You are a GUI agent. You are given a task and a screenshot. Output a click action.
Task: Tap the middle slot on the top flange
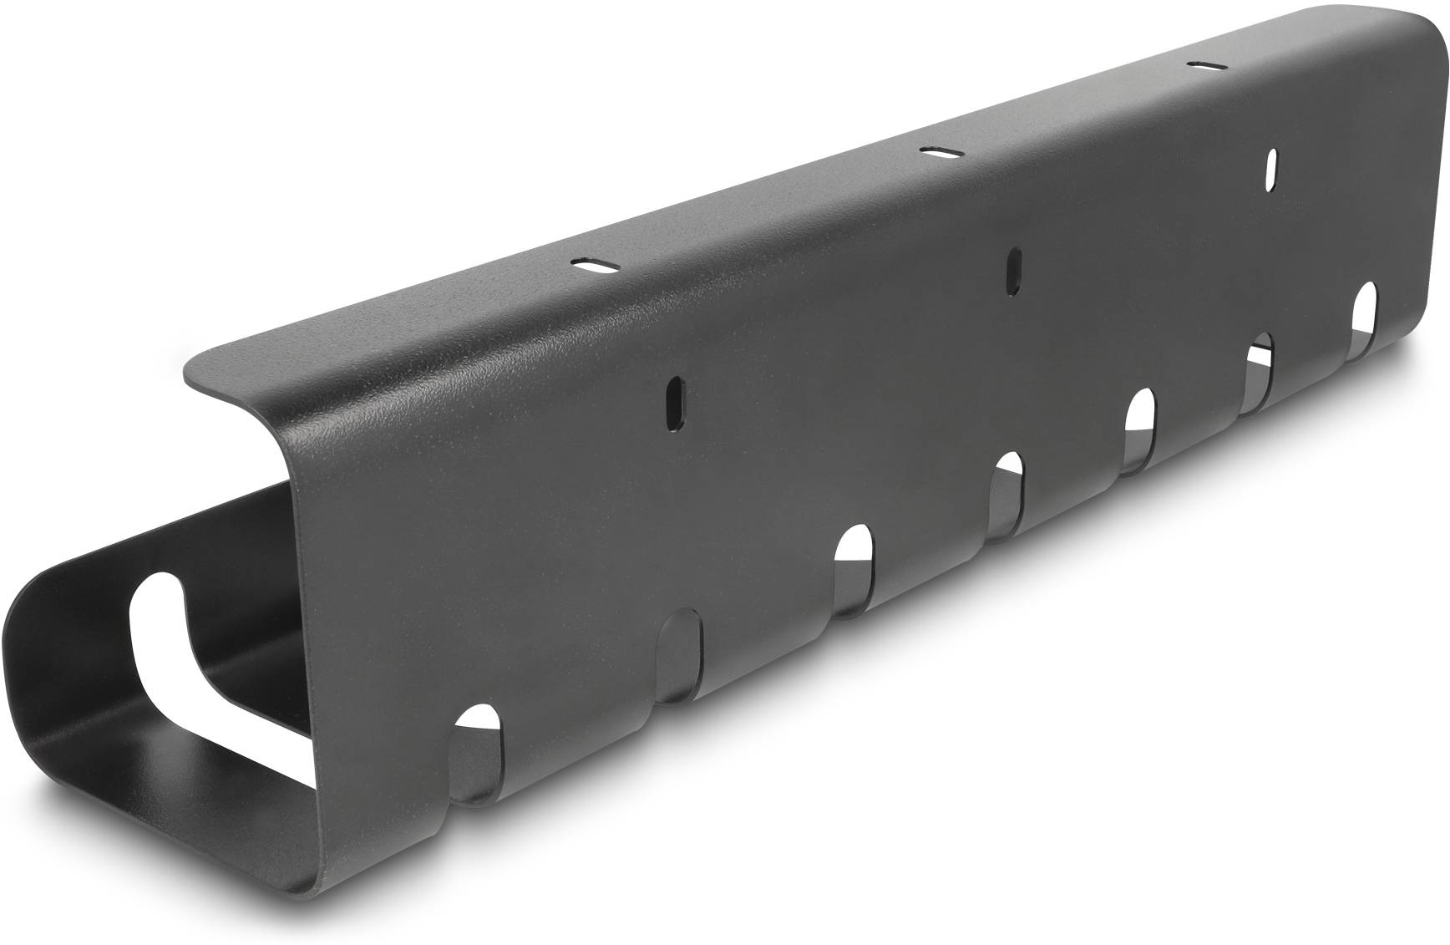(940, 152)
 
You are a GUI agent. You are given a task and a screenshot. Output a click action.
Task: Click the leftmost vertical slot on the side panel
(674, 402)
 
